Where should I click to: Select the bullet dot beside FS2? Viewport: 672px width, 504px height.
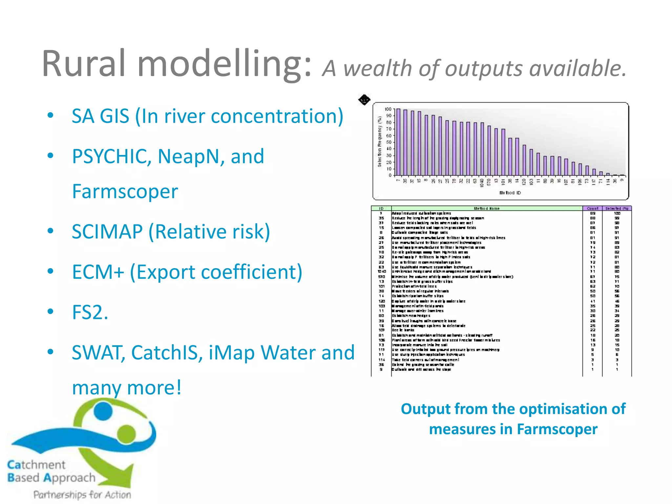tap(50, 311)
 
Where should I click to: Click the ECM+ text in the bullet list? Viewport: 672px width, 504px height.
tap(98, 272)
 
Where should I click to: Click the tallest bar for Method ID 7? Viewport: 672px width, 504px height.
tap(398, 142)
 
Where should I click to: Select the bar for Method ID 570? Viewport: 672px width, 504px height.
tap(489, 150)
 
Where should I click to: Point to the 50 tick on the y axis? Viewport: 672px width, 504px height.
tap(388, 142)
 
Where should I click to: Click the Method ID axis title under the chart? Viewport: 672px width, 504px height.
tap(510, 193)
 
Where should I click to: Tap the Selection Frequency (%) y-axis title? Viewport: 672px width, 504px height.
tap(380, 141)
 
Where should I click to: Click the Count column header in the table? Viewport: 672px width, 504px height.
tap(592, 208)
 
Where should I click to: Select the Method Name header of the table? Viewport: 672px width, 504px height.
tap(487, 208)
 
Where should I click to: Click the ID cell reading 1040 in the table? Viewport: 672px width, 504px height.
tap(382, 271)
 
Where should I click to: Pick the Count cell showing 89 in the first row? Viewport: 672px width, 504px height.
tap(593, 213)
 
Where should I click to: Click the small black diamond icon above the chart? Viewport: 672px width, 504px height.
tap(364, 100)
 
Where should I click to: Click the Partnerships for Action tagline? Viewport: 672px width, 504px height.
tap(82, 494)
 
